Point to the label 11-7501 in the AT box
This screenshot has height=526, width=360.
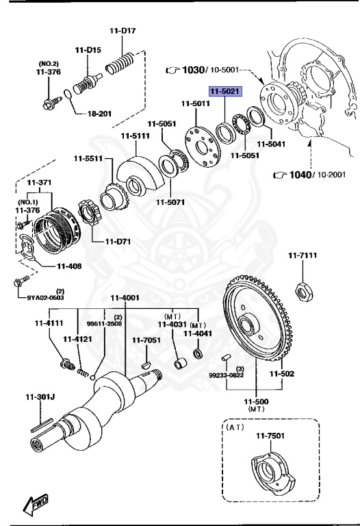[270, 436]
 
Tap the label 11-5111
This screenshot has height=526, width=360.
[135, 136]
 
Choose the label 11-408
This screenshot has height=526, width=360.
[69, 266]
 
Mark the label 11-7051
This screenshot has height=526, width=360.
[145, 340]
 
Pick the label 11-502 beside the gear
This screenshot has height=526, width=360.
[281, 374]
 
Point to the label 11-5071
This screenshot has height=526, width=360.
[169, 202]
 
